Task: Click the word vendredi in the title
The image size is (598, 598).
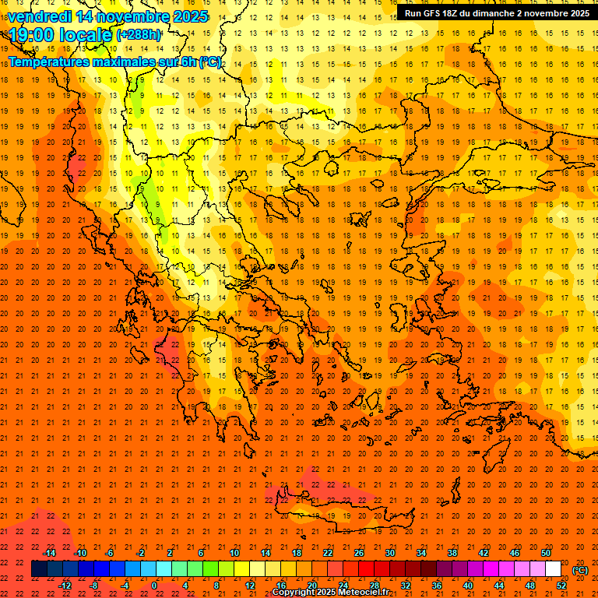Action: tap(39, 16)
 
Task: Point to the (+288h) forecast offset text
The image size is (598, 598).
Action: tap(139, 35)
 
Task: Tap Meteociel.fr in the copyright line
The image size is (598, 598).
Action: tap(369, 593)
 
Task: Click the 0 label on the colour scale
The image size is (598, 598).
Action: tap(153, 586)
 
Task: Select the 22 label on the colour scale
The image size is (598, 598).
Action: tap(328, 553)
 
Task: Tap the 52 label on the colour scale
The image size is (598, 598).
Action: tap(561, 586)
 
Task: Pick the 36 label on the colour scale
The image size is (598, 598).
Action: tap(437, 586)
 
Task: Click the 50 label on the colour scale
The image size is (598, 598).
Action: tap(546, 553)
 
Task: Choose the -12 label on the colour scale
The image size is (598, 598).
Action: tap(65, 586)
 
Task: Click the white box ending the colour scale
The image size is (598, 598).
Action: tap(553, 569)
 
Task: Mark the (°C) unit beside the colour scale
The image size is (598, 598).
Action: tap(580, 570)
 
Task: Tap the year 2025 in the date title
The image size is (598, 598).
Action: tap(190, 16)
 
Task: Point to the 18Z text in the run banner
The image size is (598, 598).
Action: tap(456, 13)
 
